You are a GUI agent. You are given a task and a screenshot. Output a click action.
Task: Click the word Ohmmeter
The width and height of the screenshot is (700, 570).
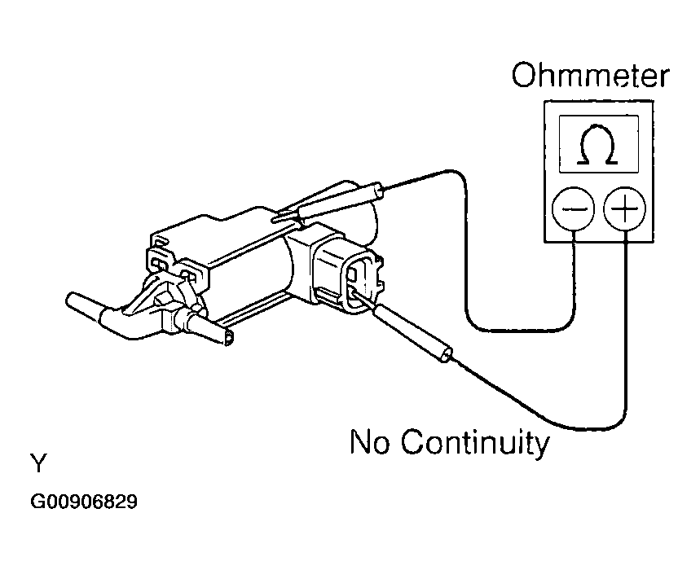click(590, 77)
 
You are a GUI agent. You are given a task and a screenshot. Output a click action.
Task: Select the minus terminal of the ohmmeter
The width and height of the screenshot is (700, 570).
click(574, 210)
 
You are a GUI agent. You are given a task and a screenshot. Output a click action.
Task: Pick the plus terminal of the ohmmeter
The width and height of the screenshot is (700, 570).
click(624, 210)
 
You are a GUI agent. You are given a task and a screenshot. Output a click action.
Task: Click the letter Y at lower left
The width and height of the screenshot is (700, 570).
click(38, 465)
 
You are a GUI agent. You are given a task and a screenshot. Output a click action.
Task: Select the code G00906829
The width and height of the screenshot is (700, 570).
click(84, 502)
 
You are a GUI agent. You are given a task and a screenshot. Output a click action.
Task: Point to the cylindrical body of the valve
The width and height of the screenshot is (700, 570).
click(244, 261)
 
